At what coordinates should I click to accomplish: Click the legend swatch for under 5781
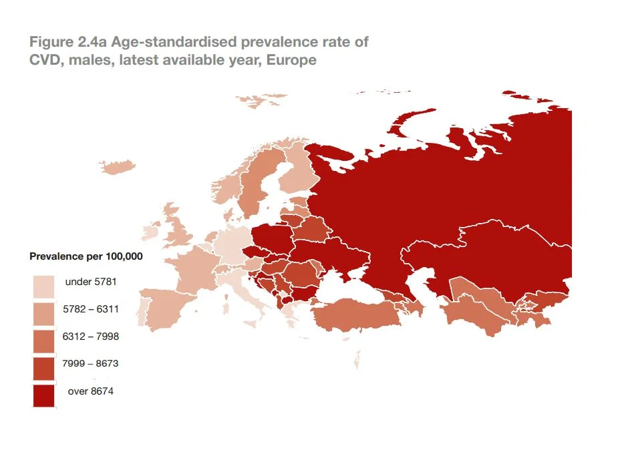click(x=43, y=286)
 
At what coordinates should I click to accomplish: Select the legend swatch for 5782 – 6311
click(x=43, y=313)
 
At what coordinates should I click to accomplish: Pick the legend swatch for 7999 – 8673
click(x=43, y=368)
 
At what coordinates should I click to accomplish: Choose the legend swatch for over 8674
click(x=43, y=395)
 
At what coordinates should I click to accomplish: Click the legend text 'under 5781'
click(x=91, y=282)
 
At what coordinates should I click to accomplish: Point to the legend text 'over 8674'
click(x=91, y=391)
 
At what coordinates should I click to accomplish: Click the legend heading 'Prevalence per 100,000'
click(x=86, y=256)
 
